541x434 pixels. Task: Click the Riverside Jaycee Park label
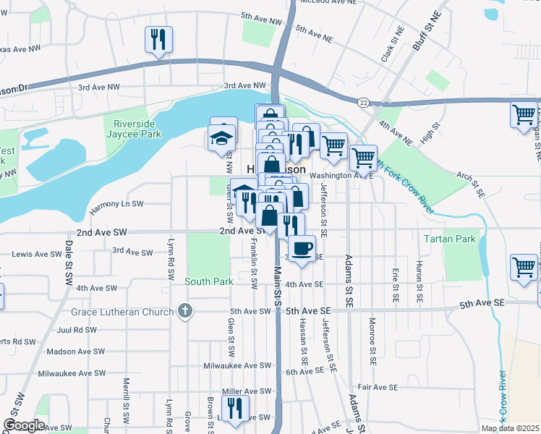point(133,127)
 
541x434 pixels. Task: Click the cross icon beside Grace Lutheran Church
point(185,312)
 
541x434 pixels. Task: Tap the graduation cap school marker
point(222,137)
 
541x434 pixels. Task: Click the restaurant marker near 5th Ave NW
point(158,38)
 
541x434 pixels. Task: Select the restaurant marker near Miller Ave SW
point(235,409)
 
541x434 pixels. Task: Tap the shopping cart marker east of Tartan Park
point(524,267)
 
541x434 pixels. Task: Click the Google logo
point(24,425)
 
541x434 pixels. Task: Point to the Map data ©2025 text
point(510,428)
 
